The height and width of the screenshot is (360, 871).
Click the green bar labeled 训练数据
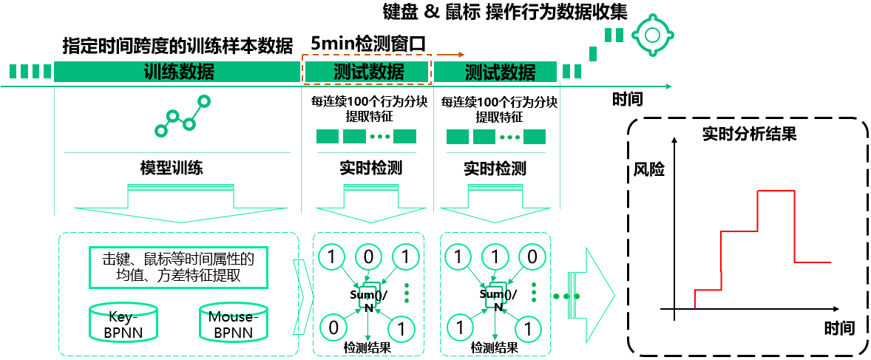(x=178, y=72)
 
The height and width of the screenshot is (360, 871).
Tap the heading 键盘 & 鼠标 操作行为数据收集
(x=505, y=12)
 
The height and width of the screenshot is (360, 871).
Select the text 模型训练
(x=172, y=168)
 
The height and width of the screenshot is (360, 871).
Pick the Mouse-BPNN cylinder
(x=233, y=322)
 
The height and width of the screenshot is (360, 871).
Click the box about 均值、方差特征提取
(x=177, y=268)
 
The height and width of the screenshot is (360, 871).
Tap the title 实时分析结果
(x=748, y=135)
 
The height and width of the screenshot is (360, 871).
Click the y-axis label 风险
(x=648, y=169)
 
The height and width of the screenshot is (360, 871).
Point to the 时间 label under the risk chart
(x=838, y=327)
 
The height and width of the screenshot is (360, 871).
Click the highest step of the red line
(x=776, y=191)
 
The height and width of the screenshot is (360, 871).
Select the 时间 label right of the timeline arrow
(x=627, y=98)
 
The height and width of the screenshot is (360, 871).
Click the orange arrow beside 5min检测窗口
(x=450, y=54)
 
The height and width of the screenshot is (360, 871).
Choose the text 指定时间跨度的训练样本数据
(x=177, y=45)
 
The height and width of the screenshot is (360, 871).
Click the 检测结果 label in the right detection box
(x=494, y=347)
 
